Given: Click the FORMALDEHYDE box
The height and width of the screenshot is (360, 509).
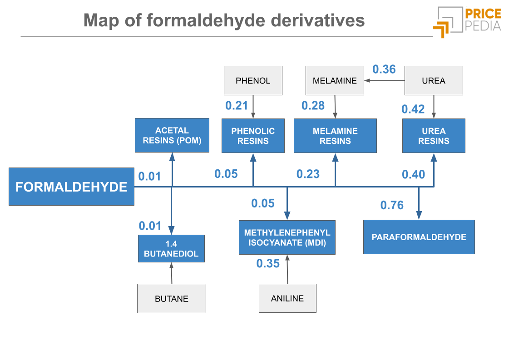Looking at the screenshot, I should tap(71, 187).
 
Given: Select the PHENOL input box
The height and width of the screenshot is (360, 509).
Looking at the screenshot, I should tap(253, 81).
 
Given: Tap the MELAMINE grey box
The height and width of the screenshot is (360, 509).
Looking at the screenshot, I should tap(335, 81).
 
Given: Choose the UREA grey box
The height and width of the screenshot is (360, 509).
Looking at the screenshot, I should tap(434, 81).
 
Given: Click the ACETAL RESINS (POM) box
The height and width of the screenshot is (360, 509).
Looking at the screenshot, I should tap(172, 135).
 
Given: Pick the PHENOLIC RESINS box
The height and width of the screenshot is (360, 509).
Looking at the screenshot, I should tap(253, 136).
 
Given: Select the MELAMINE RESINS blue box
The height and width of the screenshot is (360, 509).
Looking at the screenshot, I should tap(335, 136).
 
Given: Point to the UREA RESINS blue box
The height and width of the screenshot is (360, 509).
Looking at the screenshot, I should tap(434, 136).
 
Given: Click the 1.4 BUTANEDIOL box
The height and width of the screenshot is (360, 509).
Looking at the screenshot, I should tap(171, 249).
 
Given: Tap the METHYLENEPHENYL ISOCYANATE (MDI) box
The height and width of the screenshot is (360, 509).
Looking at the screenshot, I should tap(287, 237).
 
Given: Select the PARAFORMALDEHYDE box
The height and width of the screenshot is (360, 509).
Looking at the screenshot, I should tap(419, 237).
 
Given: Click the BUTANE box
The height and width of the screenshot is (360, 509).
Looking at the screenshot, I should tap(172, 299).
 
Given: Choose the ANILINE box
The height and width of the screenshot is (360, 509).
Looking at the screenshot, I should tap(287, 298).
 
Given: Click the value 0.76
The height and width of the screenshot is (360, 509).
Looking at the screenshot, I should tap(392, 205).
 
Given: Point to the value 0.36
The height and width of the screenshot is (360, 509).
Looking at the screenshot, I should tap(384, 69).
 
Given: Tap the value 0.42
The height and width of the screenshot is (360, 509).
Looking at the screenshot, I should tap(413, 109).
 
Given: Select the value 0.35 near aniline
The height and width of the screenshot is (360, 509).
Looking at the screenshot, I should tap(268, 263).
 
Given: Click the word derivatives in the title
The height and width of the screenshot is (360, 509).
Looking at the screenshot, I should tap(317, 20).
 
